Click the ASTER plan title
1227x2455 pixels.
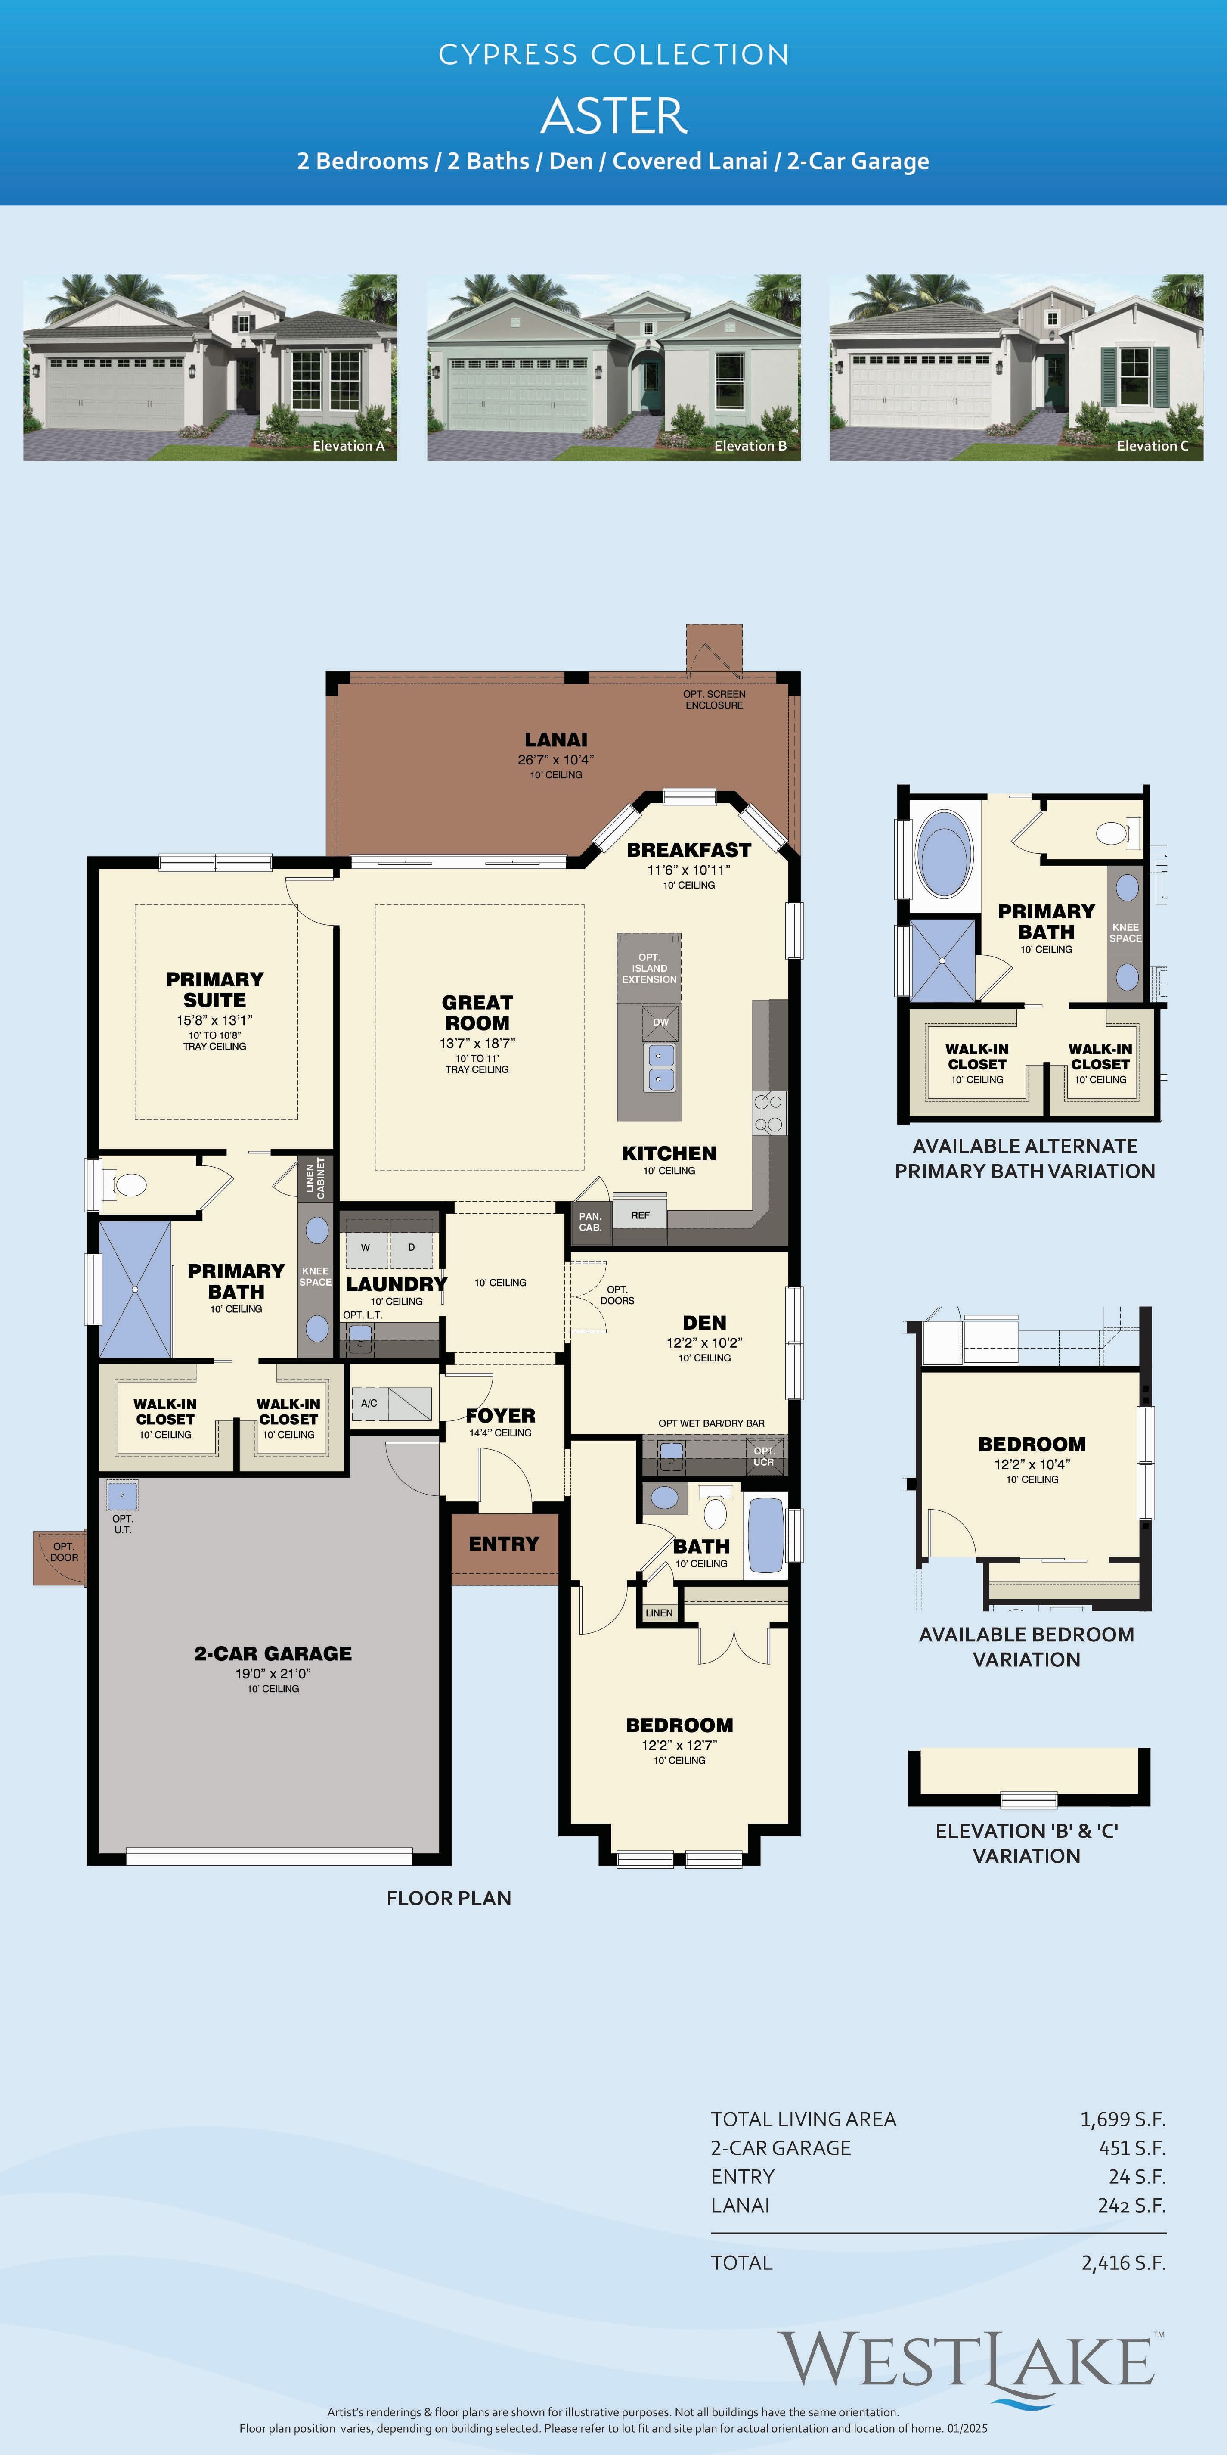pos(613,116)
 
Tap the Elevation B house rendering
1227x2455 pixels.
pos(613,368)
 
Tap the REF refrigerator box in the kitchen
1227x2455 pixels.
pos(640,1215)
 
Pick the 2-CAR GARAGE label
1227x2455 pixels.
pos(273,1653)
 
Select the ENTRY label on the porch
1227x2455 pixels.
pos(504,1544)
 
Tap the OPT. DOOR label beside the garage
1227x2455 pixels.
pos(64,1551)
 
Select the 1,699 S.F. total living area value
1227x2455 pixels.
pos(1122,2119)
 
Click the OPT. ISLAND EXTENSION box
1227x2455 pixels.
pos(649,967)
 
